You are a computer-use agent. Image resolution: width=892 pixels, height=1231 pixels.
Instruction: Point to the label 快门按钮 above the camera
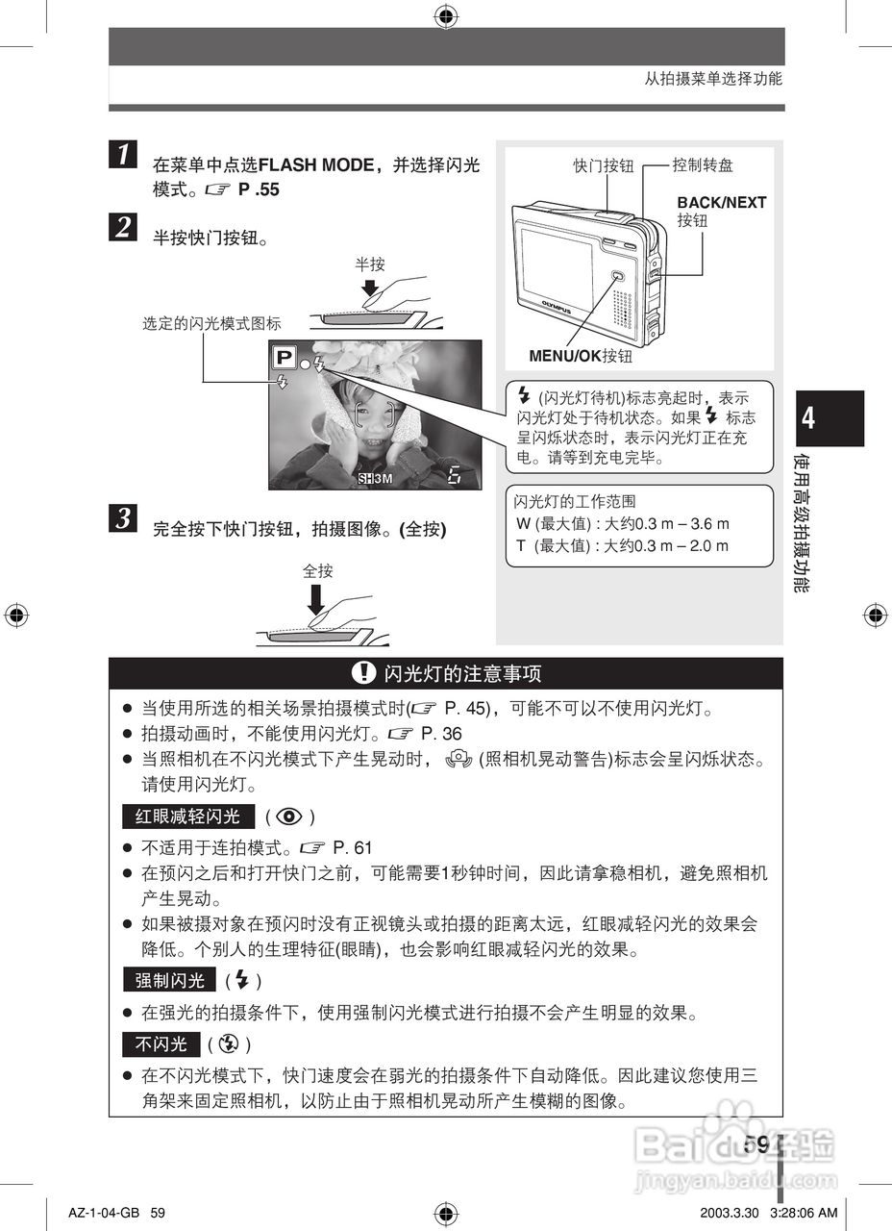(604, 165)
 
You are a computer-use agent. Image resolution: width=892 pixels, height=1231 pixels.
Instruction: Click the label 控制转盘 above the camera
(703, 165)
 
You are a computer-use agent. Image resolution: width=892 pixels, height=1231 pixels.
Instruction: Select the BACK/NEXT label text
(721, 203)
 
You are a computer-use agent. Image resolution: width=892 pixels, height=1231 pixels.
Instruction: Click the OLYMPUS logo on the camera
(557, 305)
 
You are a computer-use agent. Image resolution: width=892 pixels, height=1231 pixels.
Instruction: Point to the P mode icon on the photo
(284, 359)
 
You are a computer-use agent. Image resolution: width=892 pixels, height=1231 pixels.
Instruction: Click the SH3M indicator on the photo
(375, 478)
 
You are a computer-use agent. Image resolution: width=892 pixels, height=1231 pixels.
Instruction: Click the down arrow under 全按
(316, 601)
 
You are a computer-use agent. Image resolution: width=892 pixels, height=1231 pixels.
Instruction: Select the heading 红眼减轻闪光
(188, 817)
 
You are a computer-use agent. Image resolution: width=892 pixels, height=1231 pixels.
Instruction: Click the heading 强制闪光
(169, 980)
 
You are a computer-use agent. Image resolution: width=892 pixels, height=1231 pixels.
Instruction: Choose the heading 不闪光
(161, 1043)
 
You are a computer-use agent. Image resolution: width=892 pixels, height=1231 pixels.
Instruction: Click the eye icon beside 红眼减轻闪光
(289, 817)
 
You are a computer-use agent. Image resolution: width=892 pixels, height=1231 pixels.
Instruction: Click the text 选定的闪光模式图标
(211, 324)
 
